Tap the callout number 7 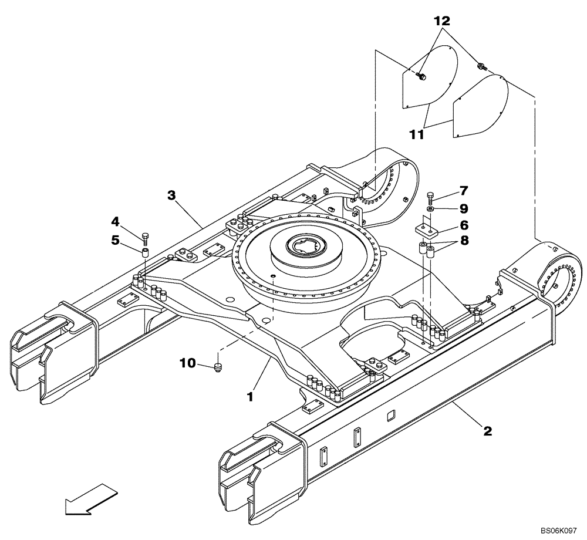[x=463, y=190]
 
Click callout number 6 [x=463, y=224]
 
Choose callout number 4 [x=116, y=221]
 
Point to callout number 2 [x=487, y=431]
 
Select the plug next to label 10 [x=219, y=367]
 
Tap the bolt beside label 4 [x=145, y=237]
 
